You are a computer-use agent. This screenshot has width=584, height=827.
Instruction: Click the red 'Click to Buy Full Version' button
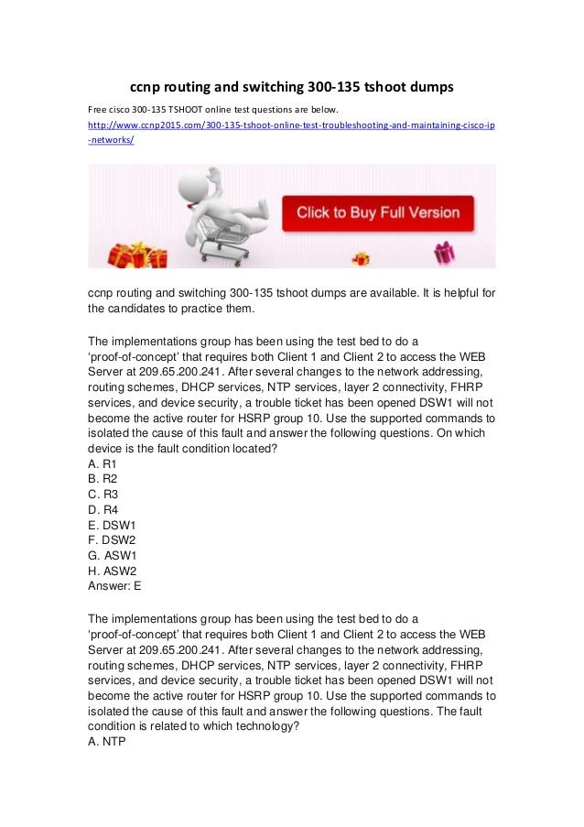click(378, 213)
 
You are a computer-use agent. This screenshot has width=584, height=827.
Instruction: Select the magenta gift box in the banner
click(444, 252)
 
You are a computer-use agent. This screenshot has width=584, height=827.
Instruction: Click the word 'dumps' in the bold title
click(429, 88)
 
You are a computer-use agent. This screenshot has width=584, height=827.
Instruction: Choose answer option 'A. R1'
click(102, 463)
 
